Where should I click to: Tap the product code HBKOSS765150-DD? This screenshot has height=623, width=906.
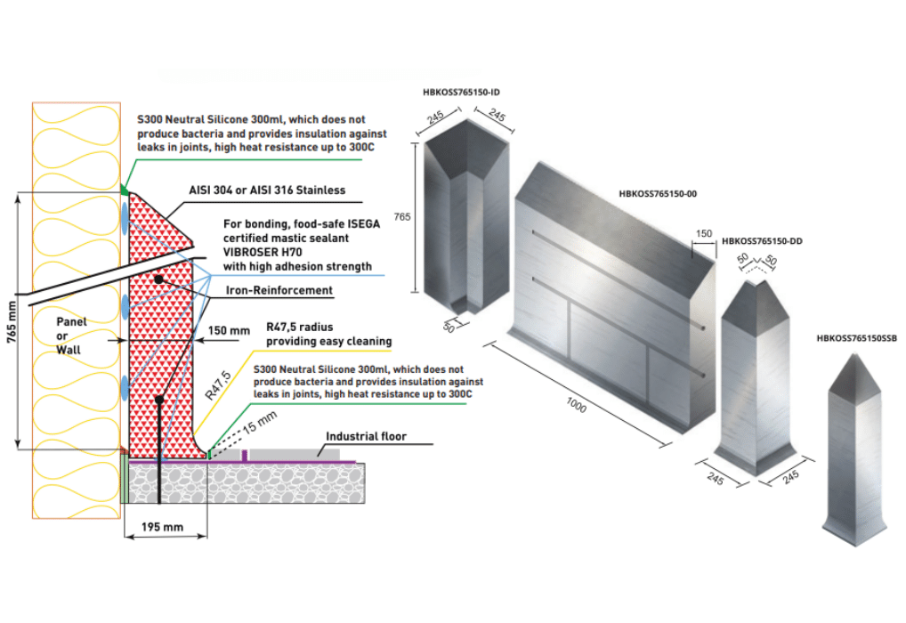click(763, 240)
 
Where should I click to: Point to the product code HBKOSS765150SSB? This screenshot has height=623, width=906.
click(856, 338)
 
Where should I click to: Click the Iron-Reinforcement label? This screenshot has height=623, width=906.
click(278, 290)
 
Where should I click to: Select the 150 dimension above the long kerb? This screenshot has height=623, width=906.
click(704, 233)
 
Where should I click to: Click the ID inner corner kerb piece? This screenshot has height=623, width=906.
click(465, 222)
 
